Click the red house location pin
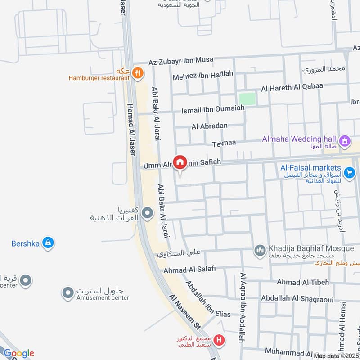pos(180,162)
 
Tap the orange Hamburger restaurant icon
pos(138,72)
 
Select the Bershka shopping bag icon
pos(47,243)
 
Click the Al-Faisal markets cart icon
pos(349,172)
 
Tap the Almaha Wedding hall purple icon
pos(345,141)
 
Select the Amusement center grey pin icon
pos(68,293)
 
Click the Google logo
pos(18,353)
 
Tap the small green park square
pos(247,99)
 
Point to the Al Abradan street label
pos(209,126)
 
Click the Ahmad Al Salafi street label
pos(189,270)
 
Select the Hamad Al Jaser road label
pos(131,130)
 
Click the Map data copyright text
pos(336,355)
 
